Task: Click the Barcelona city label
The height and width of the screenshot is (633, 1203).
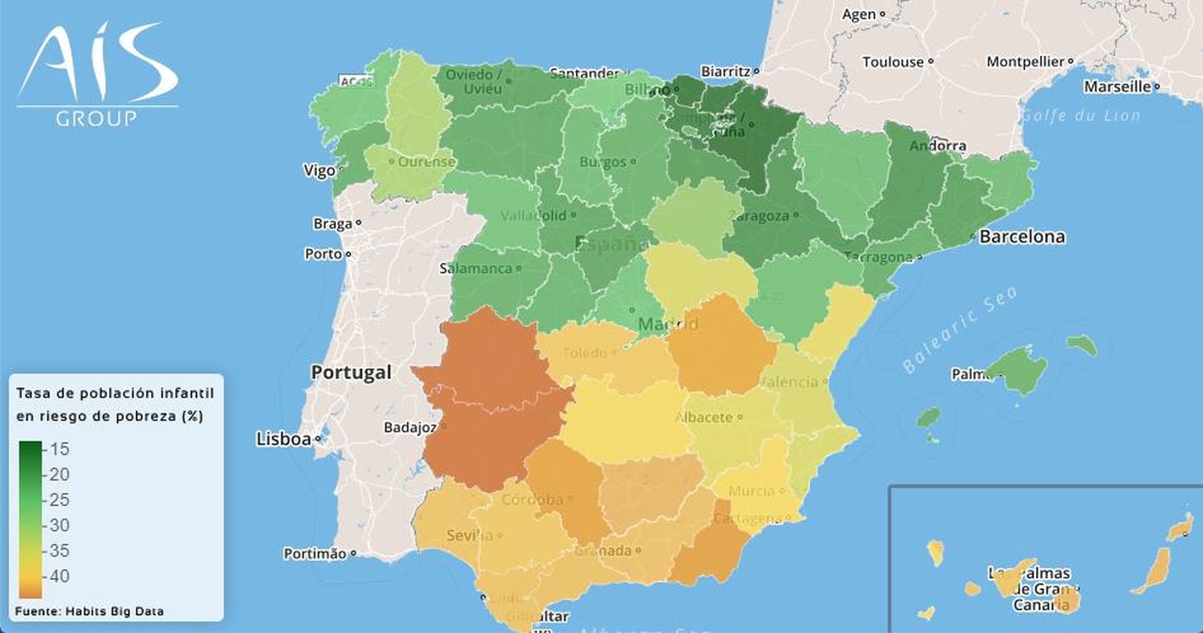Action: (1022, 237)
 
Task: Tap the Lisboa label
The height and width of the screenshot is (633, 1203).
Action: (283, 439)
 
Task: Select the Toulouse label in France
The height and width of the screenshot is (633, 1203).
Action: (892, 62)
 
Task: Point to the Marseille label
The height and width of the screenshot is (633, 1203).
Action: (1117, 86)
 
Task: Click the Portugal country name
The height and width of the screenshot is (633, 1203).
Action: (351, 372)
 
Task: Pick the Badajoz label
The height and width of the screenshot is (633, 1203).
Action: (409, 427)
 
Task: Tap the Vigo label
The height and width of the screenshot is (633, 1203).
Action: (319, 171)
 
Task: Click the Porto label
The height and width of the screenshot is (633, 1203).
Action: (323, 254)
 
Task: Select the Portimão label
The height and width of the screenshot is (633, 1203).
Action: (315, 554)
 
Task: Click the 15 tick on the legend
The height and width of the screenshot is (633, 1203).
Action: (59, 449)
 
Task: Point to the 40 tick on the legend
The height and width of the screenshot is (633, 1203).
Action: (59, 576)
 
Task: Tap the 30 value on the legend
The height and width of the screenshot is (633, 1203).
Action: (59, 525)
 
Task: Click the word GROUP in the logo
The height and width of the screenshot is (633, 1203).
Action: (96, 118)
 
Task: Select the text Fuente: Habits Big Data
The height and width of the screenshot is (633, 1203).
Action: (89, 611)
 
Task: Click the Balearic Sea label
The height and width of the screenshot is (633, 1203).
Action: (960, 329)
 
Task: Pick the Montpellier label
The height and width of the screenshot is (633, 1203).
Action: (1026, 62)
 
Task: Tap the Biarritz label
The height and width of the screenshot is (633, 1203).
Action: (726, 71)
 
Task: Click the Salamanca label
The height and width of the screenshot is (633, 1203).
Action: (475, 268)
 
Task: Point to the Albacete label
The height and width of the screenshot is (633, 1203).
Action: (705, 417)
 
